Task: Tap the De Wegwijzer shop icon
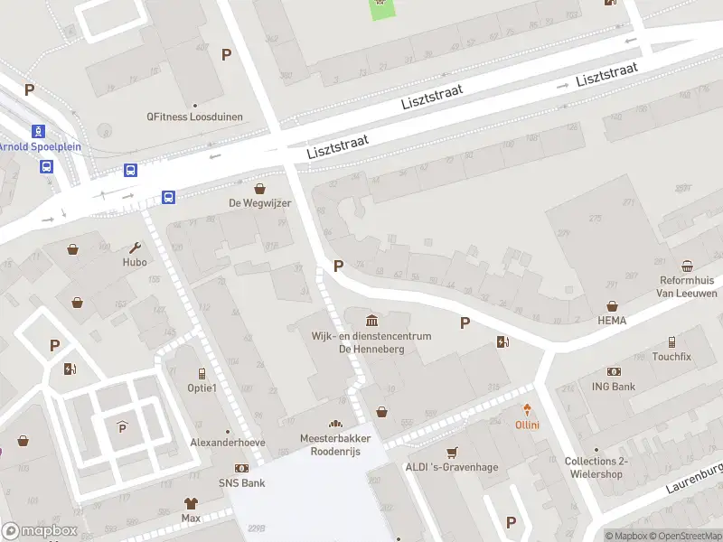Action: [260, 189]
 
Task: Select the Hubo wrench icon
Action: [136, 248]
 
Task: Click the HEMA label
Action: [612, 321]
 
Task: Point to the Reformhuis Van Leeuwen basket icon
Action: [687, 266]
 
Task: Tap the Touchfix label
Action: [671, 357]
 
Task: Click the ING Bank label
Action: [615, 387]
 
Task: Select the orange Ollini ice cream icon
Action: [527, 411]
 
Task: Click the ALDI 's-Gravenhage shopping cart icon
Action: [452, 453]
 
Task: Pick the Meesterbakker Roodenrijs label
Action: [335, 444]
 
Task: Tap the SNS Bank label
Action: [241, 483]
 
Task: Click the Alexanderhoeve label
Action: [228, 443]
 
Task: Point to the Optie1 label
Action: [202, 388]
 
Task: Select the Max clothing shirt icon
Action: [191, 503]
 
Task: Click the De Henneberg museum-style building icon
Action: [371, 321]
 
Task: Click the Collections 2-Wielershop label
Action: [596, 468]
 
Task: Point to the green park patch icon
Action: [381, 7]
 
